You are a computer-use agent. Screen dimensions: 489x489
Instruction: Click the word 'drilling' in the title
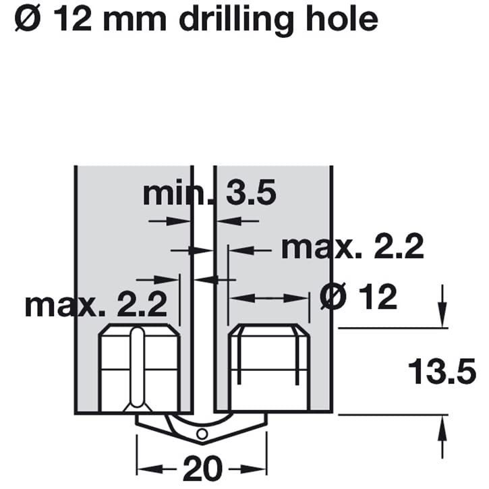[x=236, y=20]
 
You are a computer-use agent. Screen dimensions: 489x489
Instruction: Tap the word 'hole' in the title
[x=342, y=19]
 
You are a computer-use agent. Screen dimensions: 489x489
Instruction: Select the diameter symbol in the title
[x=28, y=20]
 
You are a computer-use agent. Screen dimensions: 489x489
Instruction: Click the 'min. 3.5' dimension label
[x=209, y=194]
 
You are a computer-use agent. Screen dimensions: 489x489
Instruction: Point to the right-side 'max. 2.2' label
[x=352, y=247]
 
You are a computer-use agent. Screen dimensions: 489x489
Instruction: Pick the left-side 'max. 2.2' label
[x=96, y=305]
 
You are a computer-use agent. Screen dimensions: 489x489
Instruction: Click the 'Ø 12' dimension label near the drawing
[x=359, y=297]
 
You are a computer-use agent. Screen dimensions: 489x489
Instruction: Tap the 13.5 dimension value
[x=442, y=372]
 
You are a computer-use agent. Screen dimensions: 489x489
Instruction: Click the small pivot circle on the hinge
[x=202, y=434]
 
